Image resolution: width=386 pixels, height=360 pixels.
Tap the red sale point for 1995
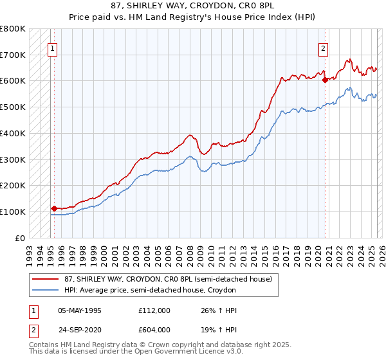click(x=54, y=208)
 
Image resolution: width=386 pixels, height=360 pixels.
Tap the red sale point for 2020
click(x=326, y=80)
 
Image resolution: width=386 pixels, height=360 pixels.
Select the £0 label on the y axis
click(x=21, y=238)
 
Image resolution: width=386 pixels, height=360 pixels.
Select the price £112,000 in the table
click(x=154, y=310)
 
